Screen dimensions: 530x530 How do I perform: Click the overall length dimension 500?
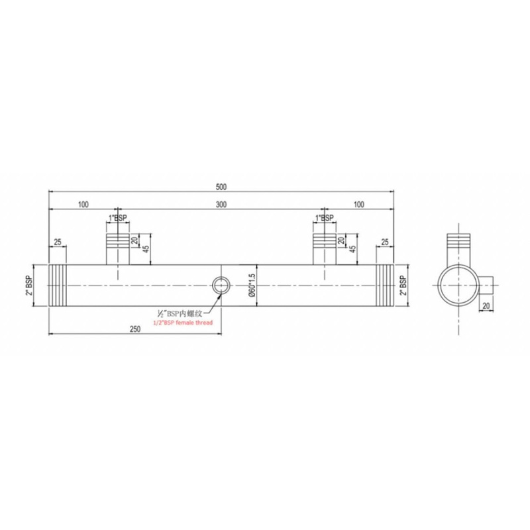click(x=221, y=187)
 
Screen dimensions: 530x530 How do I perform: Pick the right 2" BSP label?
click(x=403, y=285)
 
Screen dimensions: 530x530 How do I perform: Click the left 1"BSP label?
click(x=117, y=218)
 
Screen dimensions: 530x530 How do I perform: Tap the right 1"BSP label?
click(x=324, y=218)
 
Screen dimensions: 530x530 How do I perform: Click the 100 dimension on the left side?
click(x=83, y=205)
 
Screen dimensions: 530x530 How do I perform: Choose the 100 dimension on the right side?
click(x=359, y=205)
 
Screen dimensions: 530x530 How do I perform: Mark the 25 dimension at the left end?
click(x=58, y=243)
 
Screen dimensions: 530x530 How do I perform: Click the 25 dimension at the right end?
click(x=384, y=243)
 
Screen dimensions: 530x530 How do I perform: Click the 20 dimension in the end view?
click(x=487, y=305)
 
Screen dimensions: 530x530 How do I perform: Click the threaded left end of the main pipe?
click(x=57, y=286)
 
